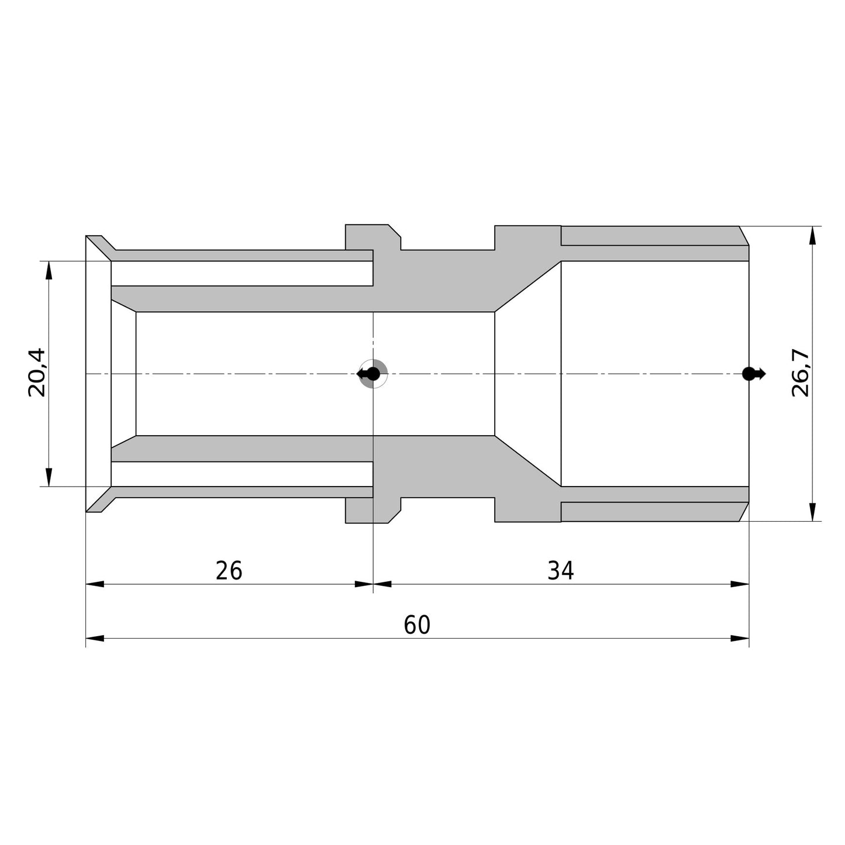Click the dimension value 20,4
pos(37,373)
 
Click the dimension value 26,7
pos(801,373)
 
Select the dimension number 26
pos(229,571)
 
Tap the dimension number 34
pos(560,571)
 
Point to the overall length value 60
pos(417,625)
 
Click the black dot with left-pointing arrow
pos(368,374)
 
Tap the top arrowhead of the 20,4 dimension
pos(49,270)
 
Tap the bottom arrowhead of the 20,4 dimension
pos(49,478)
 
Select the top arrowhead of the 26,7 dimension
pos(813,236)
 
